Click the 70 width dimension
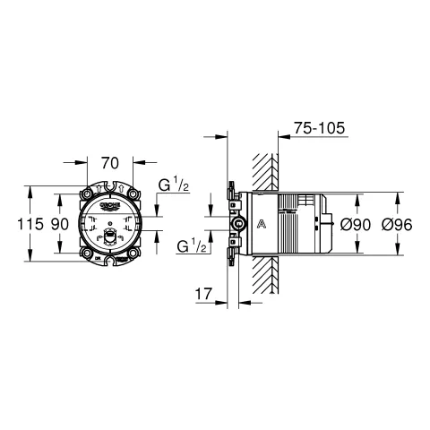[x=110, y=165]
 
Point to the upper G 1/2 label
[x=171, y=187]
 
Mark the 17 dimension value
[x=202, y=292]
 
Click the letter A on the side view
[x=261, y=223]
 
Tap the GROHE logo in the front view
[x=111, y=205]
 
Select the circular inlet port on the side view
[x=238, y=223]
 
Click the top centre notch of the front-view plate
[x=111, y=187]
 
